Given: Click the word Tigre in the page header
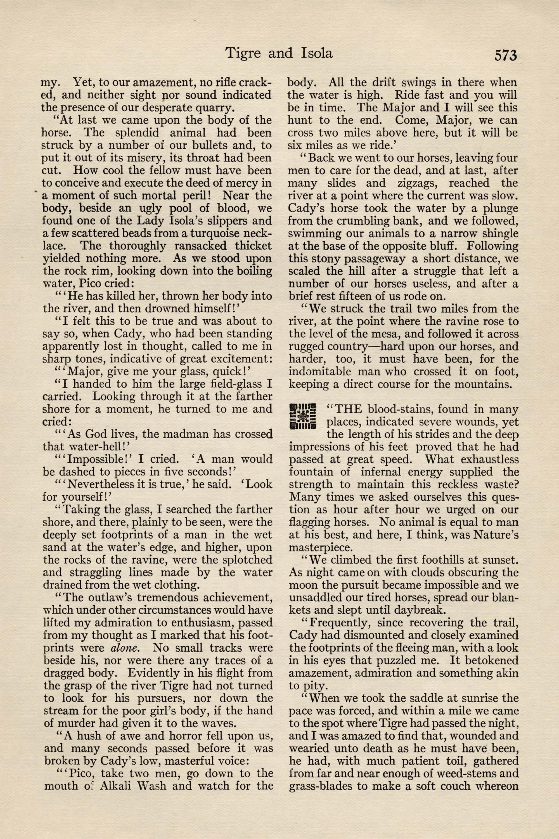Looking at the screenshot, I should [243, 53].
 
